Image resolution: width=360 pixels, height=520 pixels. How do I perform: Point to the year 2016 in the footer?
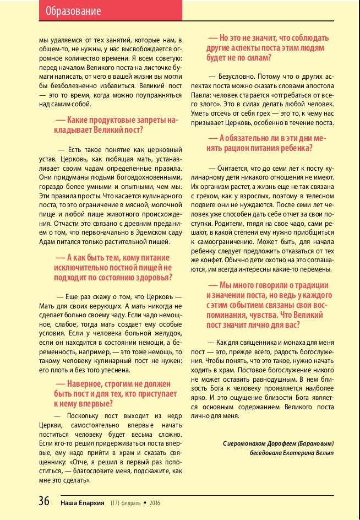tap(154, 502)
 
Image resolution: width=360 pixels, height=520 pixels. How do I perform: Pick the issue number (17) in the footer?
tap(114, 502)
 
